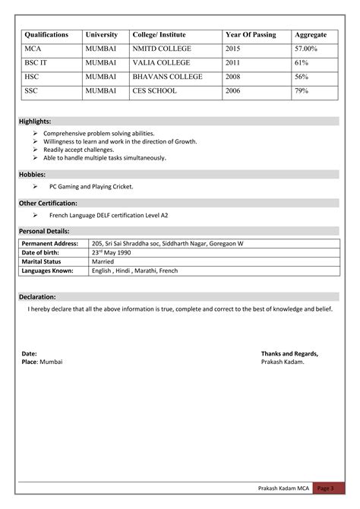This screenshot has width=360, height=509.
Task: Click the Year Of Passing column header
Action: point(251,35)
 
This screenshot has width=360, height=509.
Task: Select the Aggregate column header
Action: point(311,35)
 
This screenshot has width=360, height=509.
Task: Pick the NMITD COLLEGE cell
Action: point(163,49)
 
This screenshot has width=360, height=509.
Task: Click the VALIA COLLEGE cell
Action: point(160,63)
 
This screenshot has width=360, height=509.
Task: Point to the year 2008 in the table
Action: point(232,77)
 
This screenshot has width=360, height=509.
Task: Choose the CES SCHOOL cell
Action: point(154,91)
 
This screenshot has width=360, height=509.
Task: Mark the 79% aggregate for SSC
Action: point(302,91)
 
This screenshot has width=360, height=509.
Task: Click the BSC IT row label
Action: point(37,63)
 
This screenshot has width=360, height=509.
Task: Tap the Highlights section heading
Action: point(36,122)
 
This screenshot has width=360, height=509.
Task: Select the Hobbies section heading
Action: point(33,175)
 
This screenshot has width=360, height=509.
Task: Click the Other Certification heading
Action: point(48,203)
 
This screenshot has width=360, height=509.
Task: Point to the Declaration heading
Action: point(38,297)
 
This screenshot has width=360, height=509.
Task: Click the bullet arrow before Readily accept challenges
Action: point(35,150)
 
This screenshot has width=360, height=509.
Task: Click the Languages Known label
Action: point(48,270)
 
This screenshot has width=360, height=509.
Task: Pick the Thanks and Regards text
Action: point(289,354)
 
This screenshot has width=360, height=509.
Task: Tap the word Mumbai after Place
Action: point(52,362)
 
